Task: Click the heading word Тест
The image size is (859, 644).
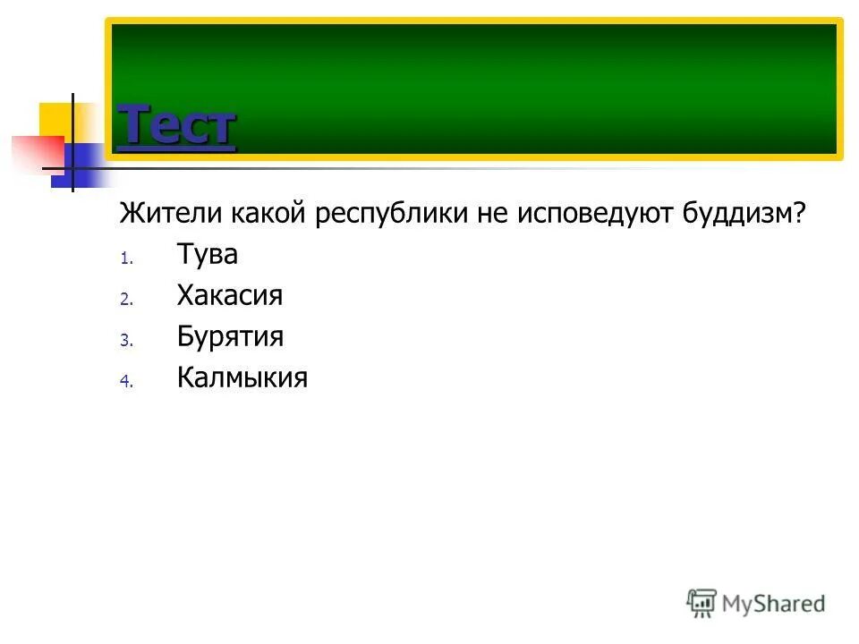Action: [x=176, y=125]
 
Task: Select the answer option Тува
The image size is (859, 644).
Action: [x=207, y=255]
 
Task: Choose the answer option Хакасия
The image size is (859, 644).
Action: [x=229, y=296]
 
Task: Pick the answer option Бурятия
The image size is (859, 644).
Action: [x=230, y=337]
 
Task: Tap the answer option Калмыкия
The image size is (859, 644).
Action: [x=242, y=378]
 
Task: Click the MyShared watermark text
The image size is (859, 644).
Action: [x=773, y=603]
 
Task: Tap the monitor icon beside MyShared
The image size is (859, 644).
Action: [x=702, y=603]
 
